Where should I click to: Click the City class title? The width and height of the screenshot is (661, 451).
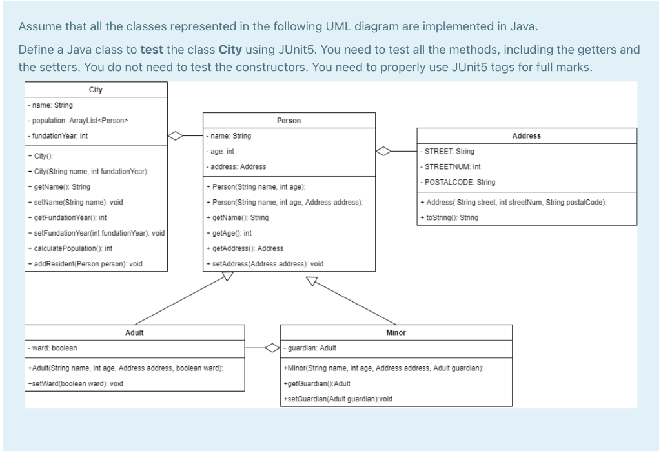(x=96, y=90)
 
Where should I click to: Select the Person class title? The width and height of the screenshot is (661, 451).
(x=289, y=121)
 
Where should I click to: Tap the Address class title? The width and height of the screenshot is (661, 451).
(x=526, y=136)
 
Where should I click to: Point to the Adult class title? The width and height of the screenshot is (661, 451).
(x=134, y=332)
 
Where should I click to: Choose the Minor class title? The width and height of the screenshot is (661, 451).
(x=396, y=332)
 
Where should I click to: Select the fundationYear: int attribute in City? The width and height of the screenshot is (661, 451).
(x=58, y=136)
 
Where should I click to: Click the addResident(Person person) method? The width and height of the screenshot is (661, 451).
(x=85, y=264)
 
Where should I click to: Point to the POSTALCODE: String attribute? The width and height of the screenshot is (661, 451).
(x=458, y=182)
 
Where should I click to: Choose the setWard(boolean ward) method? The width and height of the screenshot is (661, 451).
(x=75, y=384)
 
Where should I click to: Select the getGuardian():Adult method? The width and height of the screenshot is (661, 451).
(x=316, y=384)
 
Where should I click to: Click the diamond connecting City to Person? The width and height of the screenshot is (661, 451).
(x=176, y=136)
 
